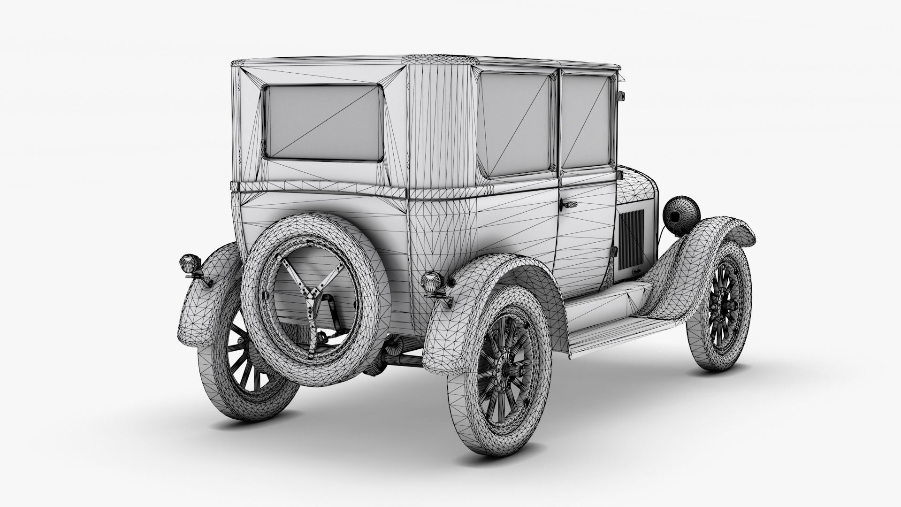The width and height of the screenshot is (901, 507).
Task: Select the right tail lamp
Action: click(430, 281)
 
